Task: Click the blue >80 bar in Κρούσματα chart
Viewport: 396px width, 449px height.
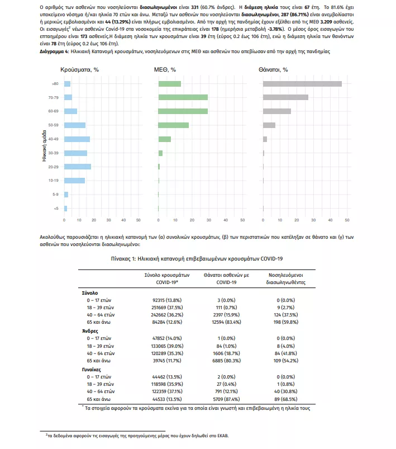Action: coord(68,84)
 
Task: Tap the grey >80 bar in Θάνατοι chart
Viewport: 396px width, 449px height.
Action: coord(302,84)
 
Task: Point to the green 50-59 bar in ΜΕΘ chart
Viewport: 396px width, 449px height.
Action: coord(174,125)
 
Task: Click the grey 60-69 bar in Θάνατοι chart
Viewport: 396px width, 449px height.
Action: coord(277,111)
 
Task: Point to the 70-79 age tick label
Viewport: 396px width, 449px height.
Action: coord(53,98)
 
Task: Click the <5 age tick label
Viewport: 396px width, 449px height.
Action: coord(55,209)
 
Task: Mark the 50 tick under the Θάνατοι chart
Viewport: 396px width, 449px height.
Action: coord(347,220)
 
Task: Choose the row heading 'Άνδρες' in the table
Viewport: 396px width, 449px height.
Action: coord(90,331)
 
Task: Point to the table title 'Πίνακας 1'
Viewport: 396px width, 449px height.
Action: coord(198,258)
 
